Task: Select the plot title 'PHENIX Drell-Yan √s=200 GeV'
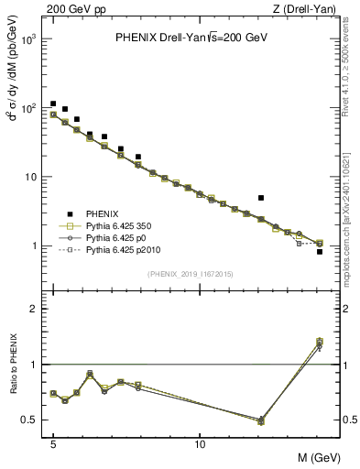pos(191,38)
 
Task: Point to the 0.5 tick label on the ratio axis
pos(29,420)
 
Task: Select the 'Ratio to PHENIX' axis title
pos(12,364)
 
